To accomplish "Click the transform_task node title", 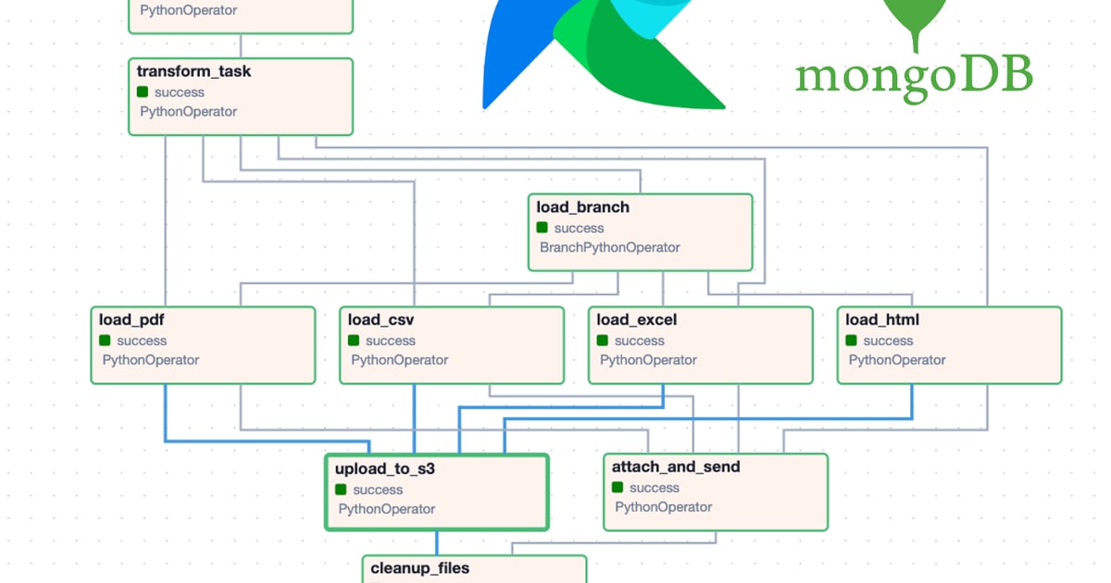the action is coord(193,72).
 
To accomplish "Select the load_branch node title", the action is coord(582,207).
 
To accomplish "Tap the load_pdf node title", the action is coord(131,320).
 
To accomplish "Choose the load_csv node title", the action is coord(381,320).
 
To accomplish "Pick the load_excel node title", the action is coord(636,320).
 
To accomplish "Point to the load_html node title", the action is coord(882,320).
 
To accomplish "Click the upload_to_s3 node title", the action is coord(385,469).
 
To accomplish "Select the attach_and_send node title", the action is coord(676,467).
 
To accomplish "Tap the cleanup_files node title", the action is coord(419,568).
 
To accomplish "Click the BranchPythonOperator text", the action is coord(609,247).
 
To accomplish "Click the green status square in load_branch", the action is coord(543,228).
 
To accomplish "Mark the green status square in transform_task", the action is coord(143,92).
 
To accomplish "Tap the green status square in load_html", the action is coord(851,341).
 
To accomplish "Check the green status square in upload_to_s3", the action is coord(341,490).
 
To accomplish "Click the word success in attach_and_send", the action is coord(655,489).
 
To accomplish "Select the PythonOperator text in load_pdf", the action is coord(151,360).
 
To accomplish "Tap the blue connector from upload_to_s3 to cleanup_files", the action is coord(436,543).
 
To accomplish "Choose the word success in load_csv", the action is coord(391,341).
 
